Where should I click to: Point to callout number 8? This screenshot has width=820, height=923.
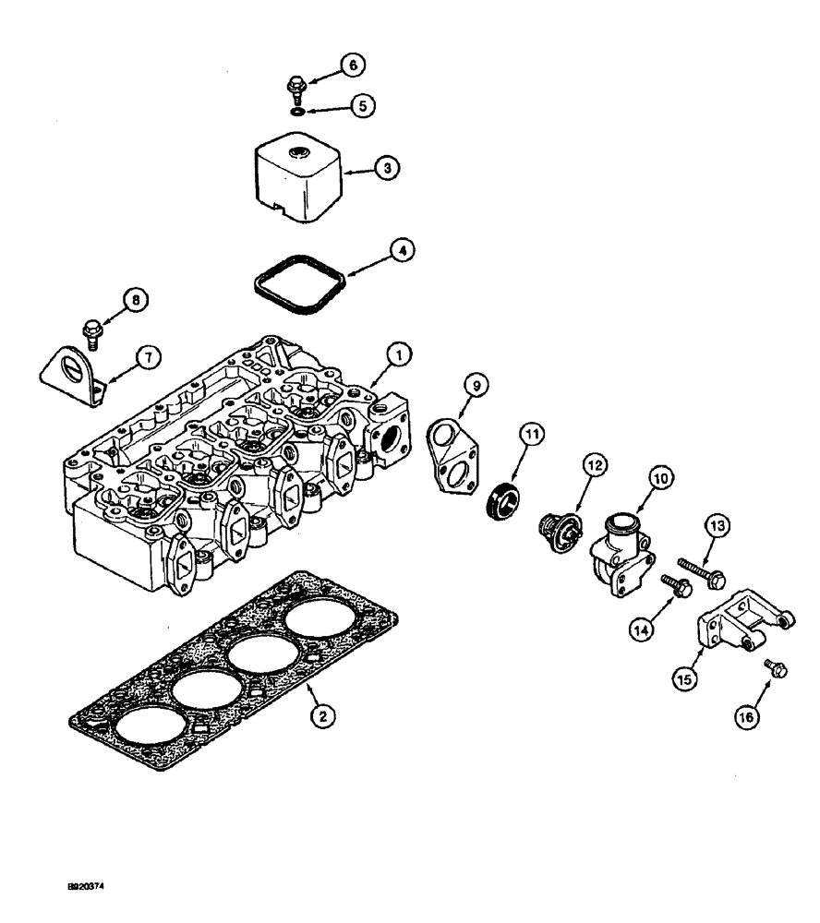(x=135, y=299)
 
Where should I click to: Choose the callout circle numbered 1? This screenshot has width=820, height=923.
(x=398, y=354)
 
